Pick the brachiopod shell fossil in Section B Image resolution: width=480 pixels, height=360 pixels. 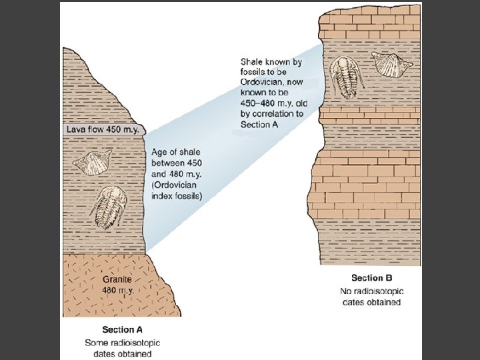386,64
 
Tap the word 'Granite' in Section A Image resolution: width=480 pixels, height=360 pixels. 117,280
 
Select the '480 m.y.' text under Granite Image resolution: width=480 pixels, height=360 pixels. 117,291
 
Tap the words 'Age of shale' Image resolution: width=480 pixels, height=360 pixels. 175,152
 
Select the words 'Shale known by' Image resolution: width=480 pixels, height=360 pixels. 270,61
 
